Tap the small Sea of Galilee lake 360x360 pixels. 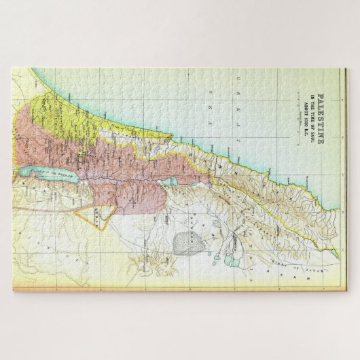click(x=174, y=181)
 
